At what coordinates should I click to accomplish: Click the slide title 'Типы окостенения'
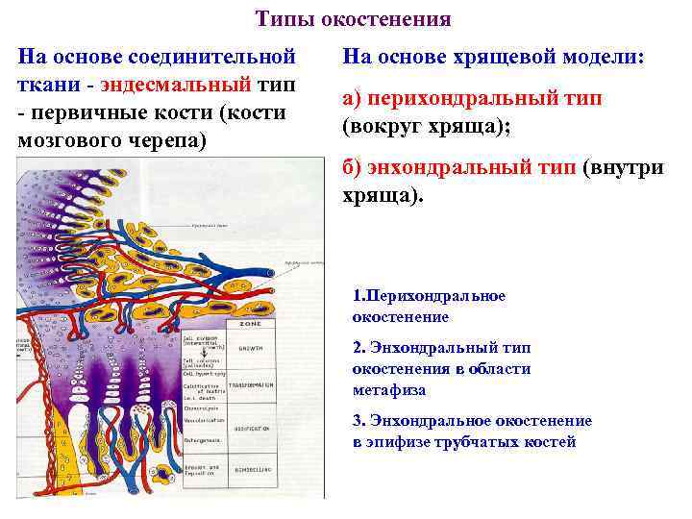[x=354, y=19]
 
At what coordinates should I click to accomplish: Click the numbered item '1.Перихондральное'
[x=428, y=296]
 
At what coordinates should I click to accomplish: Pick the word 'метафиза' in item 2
[x=389, y=389]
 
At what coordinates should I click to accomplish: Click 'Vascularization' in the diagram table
[x=203, y=421]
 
